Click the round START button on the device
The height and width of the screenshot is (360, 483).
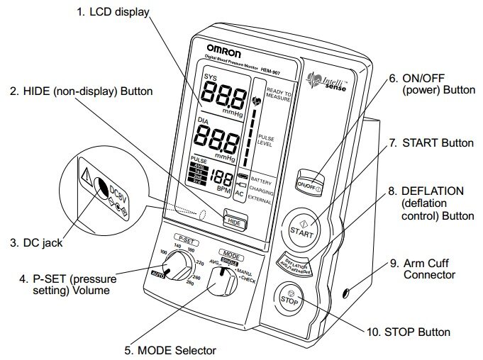click(x=300, y=230)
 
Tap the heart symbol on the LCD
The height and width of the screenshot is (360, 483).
click(x=256, y=101)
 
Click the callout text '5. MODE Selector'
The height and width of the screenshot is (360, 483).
click(x=169, y=349)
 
